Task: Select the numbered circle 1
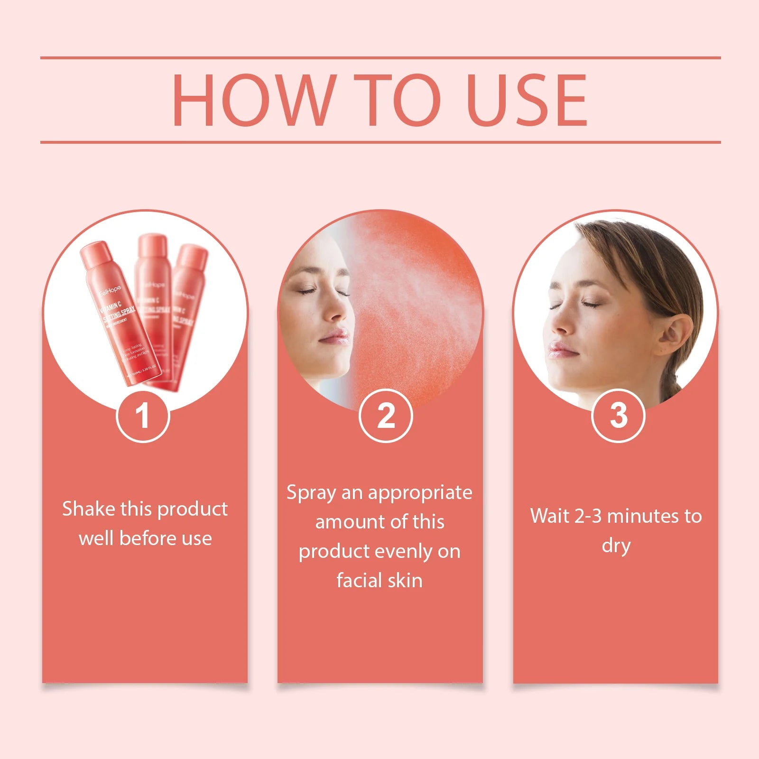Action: pyautogui.click(x=143, y=416)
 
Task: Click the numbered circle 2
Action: pyautogui.click(x=386, y=416)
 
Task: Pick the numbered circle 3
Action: pyautogui.click(x=618, y=416)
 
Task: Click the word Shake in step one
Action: pyautogui.click(x=88, y=509)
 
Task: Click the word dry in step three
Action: pyautogui.click(x=616, y=546)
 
